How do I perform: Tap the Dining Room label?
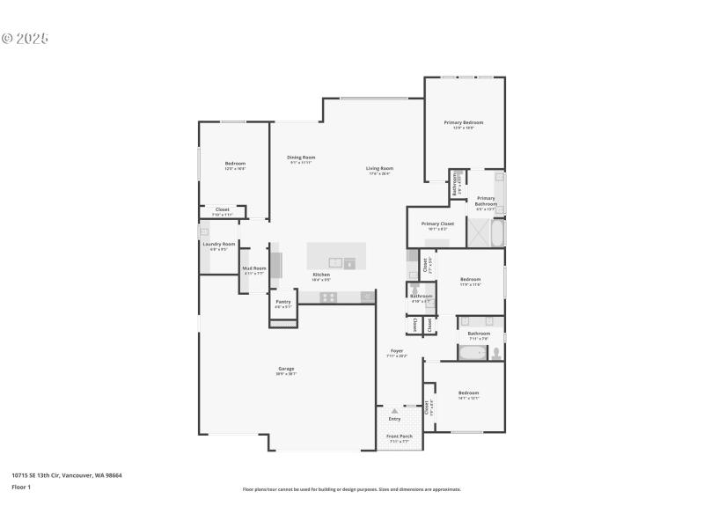point(301,158)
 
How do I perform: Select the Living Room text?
point(379,168)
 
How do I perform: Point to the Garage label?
point(286,369)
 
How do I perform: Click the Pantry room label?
point(282,302)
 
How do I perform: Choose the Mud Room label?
point(253,268)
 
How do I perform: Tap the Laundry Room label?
point(218,244)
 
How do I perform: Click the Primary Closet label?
point(437,224)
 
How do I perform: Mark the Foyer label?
point(397,352)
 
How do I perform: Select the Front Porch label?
point(400,436)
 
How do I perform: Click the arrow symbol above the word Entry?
point(394,411)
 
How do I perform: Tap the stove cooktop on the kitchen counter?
point(327,297)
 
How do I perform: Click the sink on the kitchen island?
point(335,262)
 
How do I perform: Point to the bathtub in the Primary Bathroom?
point(497,233)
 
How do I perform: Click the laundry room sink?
point(203,231)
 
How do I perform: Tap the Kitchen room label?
point(321,275)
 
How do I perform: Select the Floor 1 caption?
point(21,487)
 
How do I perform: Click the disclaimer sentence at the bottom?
point(351,489)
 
